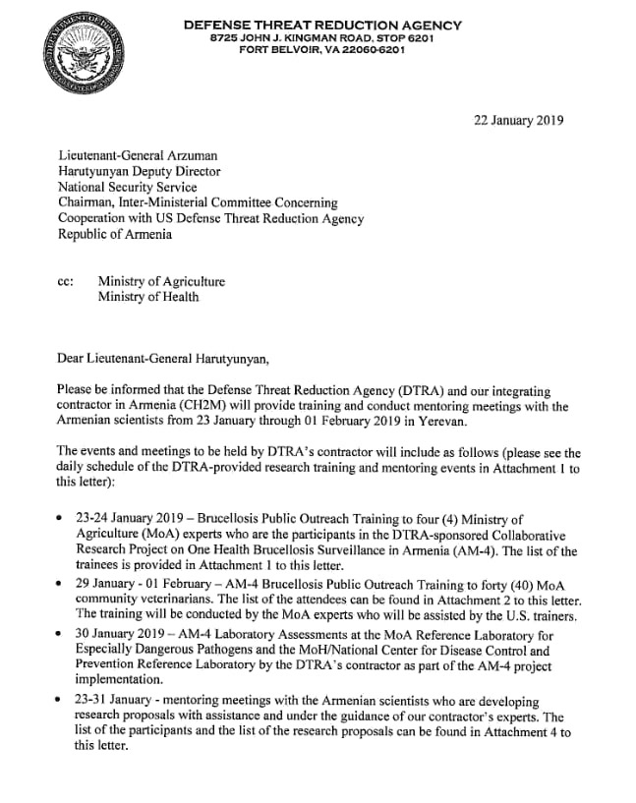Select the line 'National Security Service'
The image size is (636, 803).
coord(127,187)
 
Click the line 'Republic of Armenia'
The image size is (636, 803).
coord(114,234)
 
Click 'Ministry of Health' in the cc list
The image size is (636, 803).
coord(148,297)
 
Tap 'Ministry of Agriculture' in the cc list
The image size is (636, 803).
coord(161,281)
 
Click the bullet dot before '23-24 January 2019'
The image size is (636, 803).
coord(62,516)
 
